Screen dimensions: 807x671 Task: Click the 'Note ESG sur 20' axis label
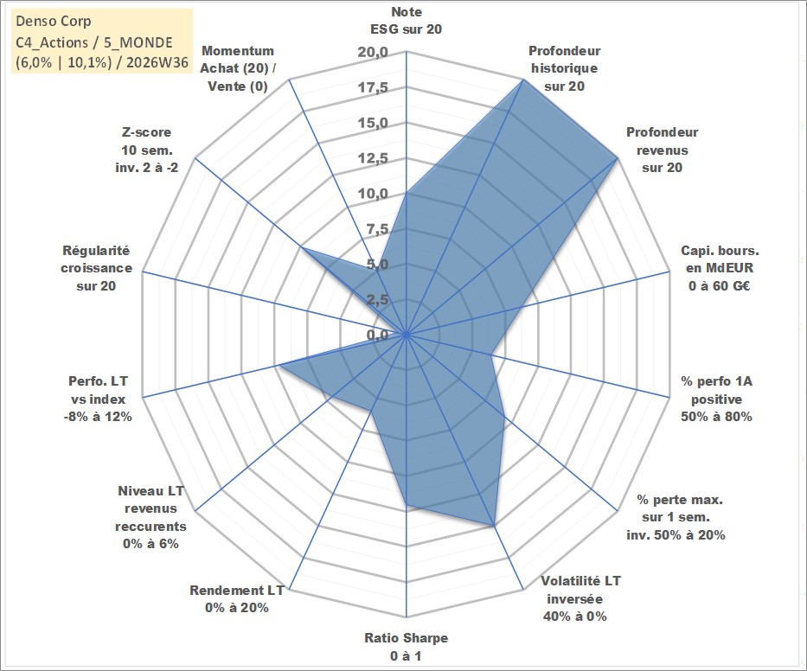coord(406,21)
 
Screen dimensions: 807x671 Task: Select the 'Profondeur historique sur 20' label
coord(564,68)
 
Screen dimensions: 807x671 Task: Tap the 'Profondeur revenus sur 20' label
coord(662,150)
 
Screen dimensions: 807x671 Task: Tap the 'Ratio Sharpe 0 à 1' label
coord(406,647)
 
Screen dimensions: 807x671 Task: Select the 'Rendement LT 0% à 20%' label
coord(237,599)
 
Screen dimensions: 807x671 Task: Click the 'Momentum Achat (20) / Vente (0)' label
coord(238,68)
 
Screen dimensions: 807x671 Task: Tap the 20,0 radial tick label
coord(373,53)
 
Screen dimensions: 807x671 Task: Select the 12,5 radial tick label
coord(373,158)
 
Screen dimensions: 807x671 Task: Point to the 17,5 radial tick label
coord(373,88)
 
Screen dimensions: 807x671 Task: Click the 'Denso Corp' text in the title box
coord(54,21)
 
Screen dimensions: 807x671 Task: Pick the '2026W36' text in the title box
coord(157,62)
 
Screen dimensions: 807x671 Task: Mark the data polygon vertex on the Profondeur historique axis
coord(522,80)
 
